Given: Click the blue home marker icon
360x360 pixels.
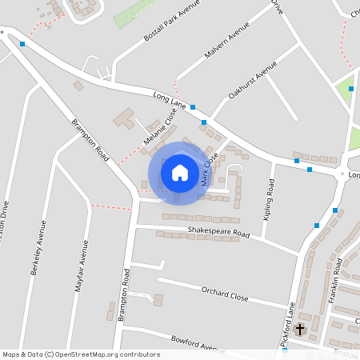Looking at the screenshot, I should (179, 172).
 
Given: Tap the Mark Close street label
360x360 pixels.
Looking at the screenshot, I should (210, 170).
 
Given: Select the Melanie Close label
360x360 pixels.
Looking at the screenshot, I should (160, 128).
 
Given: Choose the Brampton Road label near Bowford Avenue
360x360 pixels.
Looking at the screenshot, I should (124, 295).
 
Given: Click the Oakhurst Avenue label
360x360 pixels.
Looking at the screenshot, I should (252, 79).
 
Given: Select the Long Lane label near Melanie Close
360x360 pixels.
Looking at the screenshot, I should (170, 100).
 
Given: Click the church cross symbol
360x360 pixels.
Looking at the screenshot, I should (300, 329).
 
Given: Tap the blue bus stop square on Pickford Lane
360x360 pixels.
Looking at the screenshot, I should (317, 226).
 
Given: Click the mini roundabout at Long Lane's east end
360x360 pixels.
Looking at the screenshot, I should (342, 174).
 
